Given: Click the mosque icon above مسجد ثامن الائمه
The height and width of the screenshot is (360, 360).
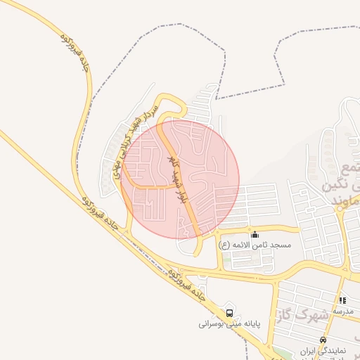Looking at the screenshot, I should (x=255, y=234).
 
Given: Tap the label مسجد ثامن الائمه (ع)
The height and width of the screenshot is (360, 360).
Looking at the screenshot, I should (x=254, y=245).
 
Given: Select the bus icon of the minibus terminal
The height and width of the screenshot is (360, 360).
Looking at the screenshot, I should (x=229, y=313).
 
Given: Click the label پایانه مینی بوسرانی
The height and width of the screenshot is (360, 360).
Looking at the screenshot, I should (x=229, y=324).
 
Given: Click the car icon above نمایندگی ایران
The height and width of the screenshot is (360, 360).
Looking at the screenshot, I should (x=323, y=340).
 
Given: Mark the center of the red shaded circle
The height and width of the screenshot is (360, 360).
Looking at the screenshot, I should (x=181, y=179).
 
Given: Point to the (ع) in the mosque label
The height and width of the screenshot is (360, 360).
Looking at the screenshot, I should (x=224, y=245).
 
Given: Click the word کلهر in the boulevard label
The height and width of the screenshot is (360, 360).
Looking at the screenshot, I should (x=171, y=165).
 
